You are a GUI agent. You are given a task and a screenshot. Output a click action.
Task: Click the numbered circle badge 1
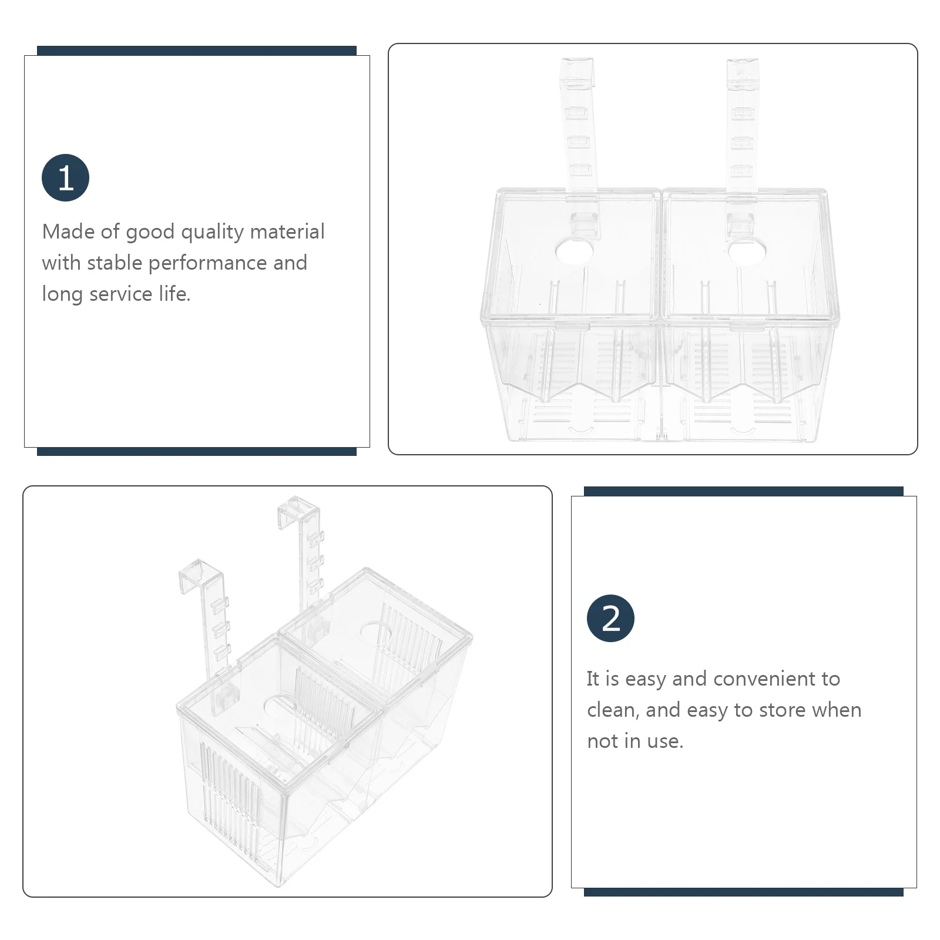tap(65, 177)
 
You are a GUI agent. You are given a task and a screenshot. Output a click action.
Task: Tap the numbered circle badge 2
tap(610, 618)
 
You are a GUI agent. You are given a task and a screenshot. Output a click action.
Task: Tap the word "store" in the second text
tap(781, 710)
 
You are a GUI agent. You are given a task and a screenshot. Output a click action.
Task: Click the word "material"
tap(287, 231)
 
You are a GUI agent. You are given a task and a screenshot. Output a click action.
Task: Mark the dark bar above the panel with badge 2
tap(743, 491)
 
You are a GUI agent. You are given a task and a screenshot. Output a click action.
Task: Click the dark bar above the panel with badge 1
tap(197, 51)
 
